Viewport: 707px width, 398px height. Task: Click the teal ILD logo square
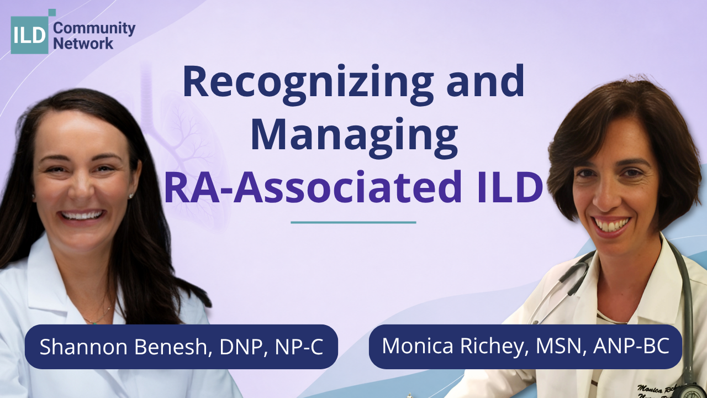click(30, 35)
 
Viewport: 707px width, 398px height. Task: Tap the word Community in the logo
click(94, 29)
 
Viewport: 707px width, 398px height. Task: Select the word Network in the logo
click(83, 43)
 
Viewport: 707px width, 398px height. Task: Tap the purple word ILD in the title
click(510, 187)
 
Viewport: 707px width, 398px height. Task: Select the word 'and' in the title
click(486, 81)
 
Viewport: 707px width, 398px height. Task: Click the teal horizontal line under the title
click(353, 222)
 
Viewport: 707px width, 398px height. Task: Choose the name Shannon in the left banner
click(83, 347)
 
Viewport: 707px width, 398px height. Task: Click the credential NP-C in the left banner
click(299, 347)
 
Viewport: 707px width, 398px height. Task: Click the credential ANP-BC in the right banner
click(631, 345)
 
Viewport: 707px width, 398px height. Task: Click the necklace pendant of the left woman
click(94, 322)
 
